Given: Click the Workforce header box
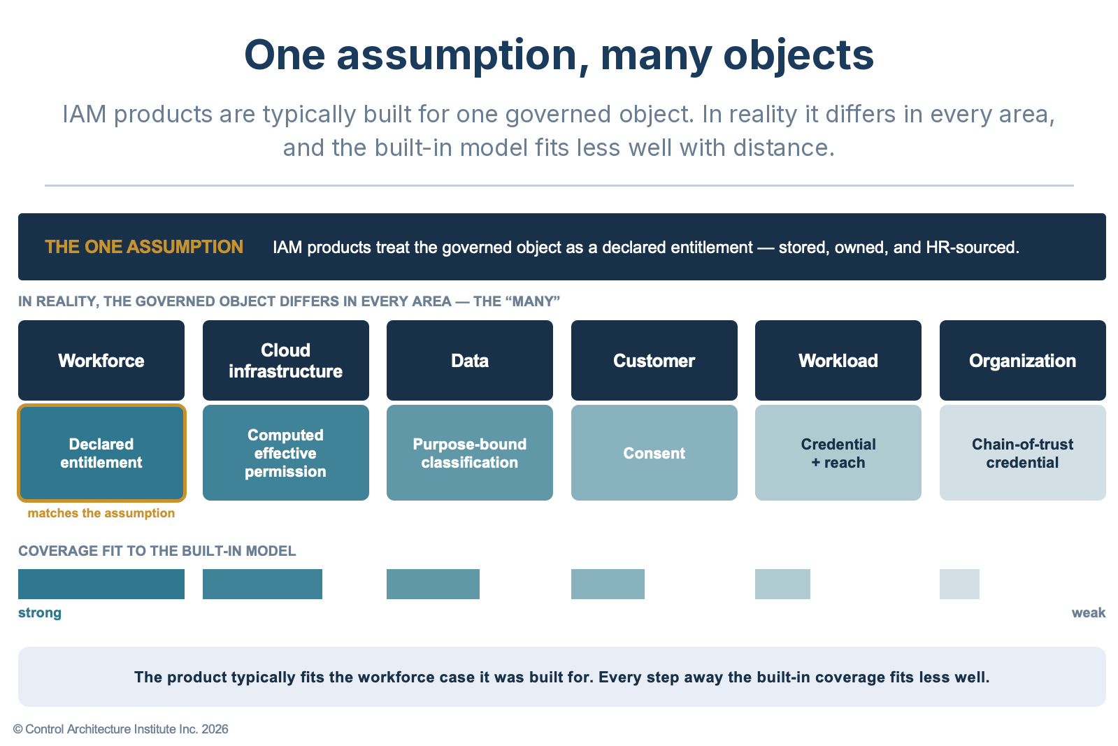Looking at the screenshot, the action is point(101,360).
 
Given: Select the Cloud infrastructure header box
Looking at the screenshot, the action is point(286,360).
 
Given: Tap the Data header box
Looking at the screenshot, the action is point(470,360).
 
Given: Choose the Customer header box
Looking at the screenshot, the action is point(654,360).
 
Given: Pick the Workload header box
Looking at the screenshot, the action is point(838,360).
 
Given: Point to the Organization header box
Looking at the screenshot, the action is point(1023,360).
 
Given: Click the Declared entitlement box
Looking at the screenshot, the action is point(101,452).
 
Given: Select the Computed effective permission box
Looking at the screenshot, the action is point(286,452).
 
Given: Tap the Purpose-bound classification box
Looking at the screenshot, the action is point(470,452).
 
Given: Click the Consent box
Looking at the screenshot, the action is point(654,452).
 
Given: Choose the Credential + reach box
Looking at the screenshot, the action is point(838,452).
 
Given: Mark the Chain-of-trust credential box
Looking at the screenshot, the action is point(1023,452).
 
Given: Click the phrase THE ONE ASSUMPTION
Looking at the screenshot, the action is point(144,247).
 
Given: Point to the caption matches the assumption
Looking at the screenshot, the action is point(101,513).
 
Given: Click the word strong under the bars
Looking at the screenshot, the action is point(40,612).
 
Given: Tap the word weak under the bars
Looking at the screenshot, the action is point(1089,612).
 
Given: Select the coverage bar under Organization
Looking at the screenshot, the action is point(960,584).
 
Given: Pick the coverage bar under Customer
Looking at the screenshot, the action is point(608,584).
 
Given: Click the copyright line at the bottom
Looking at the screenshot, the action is point(121,729).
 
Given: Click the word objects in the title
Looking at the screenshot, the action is point(798,56).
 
